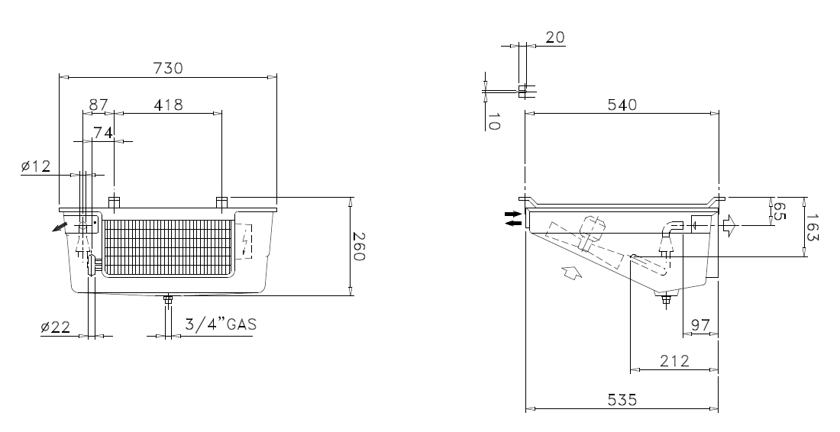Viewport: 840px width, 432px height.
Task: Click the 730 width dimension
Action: (x=168, y=69)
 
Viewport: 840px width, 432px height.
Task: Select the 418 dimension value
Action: (x=168, y=105)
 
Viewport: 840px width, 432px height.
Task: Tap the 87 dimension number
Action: (x=98, y=105)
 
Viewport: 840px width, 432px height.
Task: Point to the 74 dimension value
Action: (x=103, y=133)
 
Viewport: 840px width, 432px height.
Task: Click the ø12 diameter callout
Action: (x=36, y=166)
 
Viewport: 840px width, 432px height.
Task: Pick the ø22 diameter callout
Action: (x=55, y=327)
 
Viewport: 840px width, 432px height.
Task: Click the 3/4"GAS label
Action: (x=221, y=324)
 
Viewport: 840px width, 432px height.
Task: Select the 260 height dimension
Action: (x=359, y=247)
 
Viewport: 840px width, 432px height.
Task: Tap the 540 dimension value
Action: (x=622, y=105)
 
